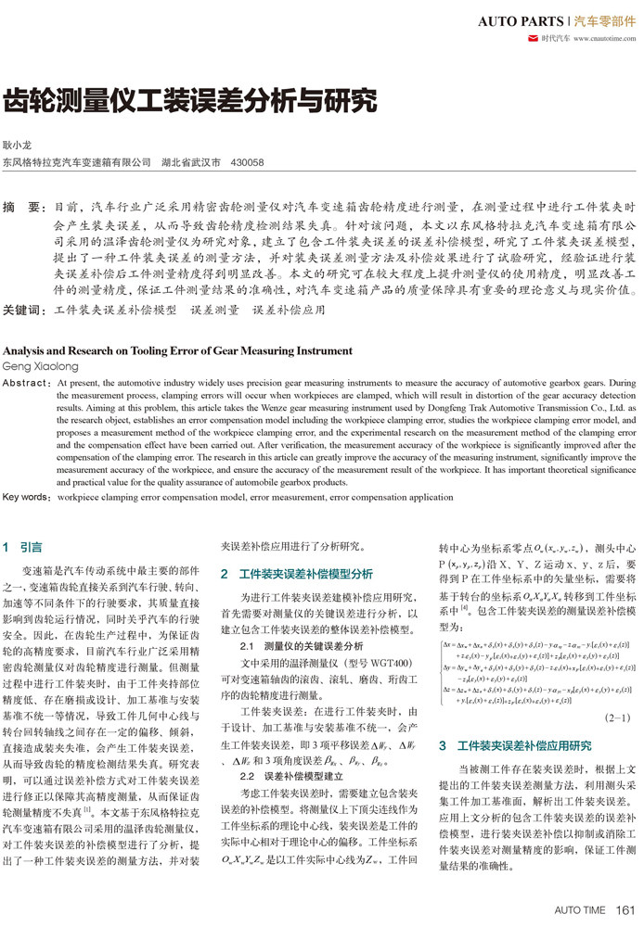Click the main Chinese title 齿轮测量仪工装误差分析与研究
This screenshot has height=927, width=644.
(x=190, y=100)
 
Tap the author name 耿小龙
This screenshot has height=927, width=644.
(x=18, y=146)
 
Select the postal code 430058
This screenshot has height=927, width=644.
(x=247, y=162)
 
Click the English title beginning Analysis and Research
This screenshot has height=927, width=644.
(x=178, y=350)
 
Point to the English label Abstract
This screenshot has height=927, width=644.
(x=28, y=382)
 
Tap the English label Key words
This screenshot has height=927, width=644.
(x=28, y=497)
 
